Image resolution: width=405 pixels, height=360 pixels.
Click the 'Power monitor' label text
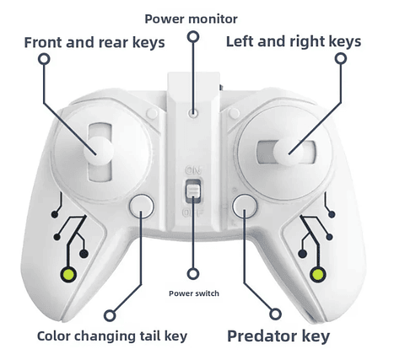pyautogui.click(x=191, y=19)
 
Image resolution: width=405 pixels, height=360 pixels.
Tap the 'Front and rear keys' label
pyautogui.click(x=94, y=43)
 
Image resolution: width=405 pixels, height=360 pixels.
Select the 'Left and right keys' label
pyautogui.click(x=294, y=42)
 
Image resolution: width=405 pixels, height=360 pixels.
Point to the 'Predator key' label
pyautogui.click(x=278, y=336)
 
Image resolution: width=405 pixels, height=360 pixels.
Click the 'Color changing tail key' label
pyautogui.click(x=112, y=336)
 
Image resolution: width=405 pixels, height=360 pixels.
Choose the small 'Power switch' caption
pyautogui.click(x=194, y=293)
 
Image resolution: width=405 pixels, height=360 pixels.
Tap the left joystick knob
pyautogui.click(x=99, y=151)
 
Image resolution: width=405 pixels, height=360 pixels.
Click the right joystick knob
pyautogui.click(x=289, y=152)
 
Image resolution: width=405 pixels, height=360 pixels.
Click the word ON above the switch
pyautogui.click(x=193, y=170)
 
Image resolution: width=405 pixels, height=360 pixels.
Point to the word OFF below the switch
pyautogui.click(x=192, y=212)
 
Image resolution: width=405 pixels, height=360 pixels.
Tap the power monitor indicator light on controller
pyautogui.click(x=193, y=113)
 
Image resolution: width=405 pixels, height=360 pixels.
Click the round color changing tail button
pyautogui.click(x=142, y=206)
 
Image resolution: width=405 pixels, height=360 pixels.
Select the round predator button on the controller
pyautogui.click(x=245, y=206)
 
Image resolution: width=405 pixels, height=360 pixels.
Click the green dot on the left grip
pyautogui.click(x=69, y=274)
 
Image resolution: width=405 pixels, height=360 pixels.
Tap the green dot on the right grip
pyautogui.click(x=318, y=274)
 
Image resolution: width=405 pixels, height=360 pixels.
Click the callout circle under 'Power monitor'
pyautogui.click(x=193, y=37)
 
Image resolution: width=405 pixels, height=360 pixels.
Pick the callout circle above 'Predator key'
pyautogui.click(x=276, y=314)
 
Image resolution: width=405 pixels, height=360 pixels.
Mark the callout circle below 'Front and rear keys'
pyautogui.click(x=44, y=59)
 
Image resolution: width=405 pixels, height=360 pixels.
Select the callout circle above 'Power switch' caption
pyautogui.click(x=193, y=274)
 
